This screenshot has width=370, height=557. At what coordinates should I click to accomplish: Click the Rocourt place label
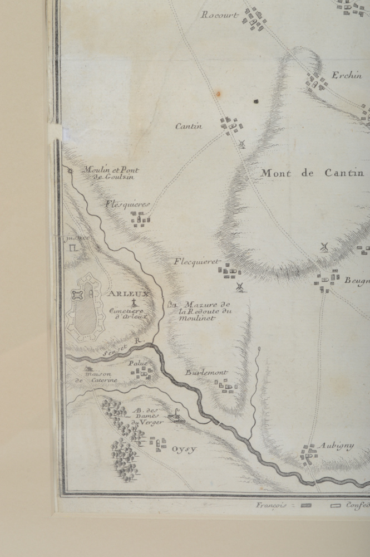[x=220, y=15]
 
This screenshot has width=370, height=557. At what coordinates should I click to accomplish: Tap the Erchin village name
[x=347, y=75]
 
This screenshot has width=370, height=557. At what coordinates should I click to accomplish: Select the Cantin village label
[x=189, y=126]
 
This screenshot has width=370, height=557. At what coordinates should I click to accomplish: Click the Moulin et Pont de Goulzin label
[x=111, y=173]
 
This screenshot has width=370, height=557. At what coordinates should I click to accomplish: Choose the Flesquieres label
[x=127, y=204]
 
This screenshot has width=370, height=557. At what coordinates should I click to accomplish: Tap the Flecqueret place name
[x=196, y=261]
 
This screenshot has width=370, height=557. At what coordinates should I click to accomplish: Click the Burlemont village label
[x=206, y=373]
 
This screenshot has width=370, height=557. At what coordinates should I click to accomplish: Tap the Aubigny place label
[x=336, y=446]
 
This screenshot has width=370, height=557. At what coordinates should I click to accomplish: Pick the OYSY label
[x=184, y=449]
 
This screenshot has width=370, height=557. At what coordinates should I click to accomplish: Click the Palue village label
[x=138, y=364]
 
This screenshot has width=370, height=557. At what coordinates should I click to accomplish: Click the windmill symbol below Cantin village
[x=241, y=144]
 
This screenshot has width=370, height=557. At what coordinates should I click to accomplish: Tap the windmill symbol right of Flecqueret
[x=240, y=287]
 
